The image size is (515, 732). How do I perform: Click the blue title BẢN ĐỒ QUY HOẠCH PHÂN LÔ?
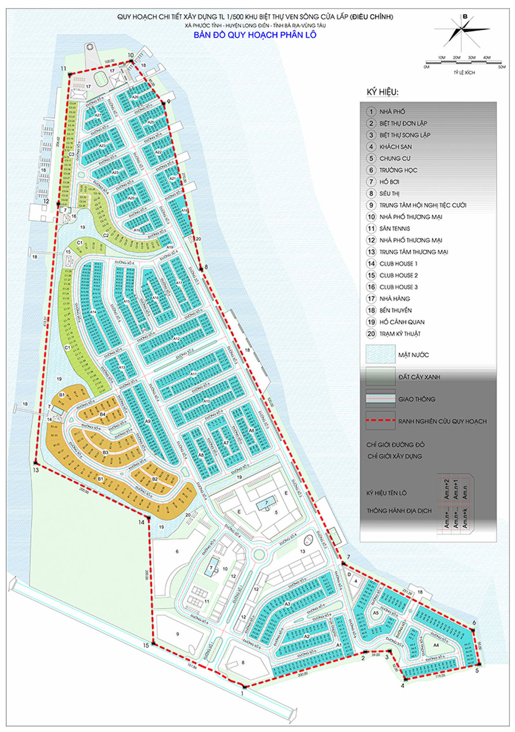(255, 35)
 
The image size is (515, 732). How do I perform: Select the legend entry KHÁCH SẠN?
(395, 147)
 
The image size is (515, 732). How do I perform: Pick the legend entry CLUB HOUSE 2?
(398, 275)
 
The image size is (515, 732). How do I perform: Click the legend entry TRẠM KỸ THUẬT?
(400, 334)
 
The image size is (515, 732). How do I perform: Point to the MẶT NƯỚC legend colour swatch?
(380, 355)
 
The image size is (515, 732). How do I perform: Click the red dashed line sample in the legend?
(380, 421)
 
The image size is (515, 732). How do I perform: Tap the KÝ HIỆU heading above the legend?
(383, 92)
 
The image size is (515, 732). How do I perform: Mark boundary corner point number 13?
(35, 462)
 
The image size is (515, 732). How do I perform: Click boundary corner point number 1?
(244, 686)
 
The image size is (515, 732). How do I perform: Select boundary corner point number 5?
(479, 664)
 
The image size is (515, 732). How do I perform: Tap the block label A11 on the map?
(194, 374)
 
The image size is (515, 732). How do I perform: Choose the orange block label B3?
(106, 452)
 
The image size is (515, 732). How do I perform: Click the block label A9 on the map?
(148, 421)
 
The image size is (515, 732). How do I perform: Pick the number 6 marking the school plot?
(177, 551)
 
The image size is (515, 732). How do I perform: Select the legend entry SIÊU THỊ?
(389, 193)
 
